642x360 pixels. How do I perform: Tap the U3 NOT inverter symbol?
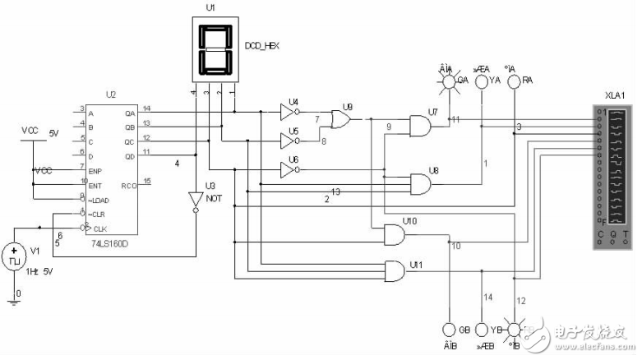[x=196, y=201]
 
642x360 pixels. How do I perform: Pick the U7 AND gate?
[x=420, y=126]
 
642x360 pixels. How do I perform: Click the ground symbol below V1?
[x=14, y=301]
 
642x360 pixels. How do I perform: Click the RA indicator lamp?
[x=515, y=81]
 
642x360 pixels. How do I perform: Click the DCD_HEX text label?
[x=262, y=45]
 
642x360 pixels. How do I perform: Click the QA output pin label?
[x=129, y=113]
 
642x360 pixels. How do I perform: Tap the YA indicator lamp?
[x=483, y=81]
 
